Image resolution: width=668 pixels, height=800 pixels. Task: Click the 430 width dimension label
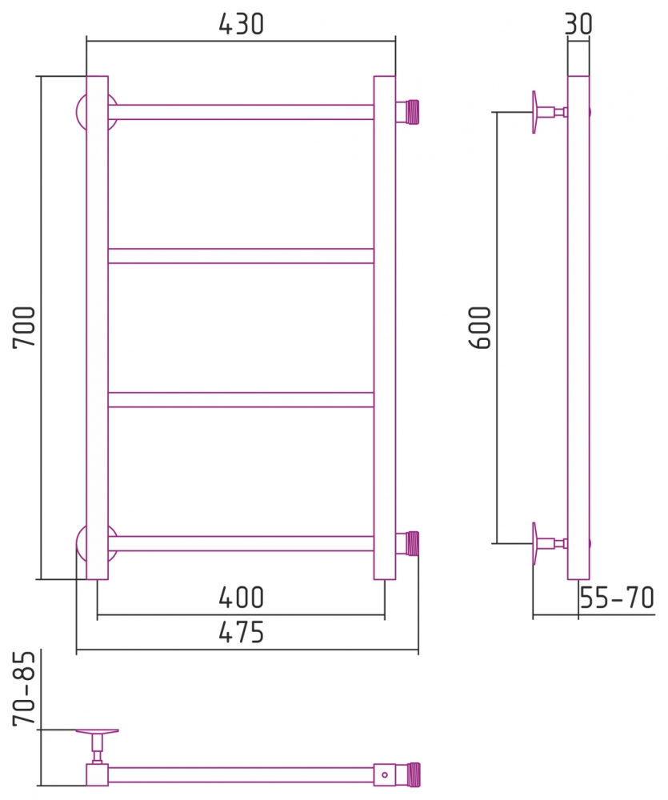point(241,24)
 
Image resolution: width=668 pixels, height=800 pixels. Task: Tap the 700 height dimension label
point(24,327)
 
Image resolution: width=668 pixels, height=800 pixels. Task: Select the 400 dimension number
point(241,598)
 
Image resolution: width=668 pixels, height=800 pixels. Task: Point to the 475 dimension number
point(241,633)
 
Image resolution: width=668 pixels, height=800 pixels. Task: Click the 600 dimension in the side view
point(479,327)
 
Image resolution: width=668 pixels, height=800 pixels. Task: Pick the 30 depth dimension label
point(578,24)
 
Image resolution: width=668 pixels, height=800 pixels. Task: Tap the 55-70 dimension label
point(617,598)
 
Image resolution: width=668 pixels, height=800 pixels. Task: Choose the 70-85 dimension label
point(24,688)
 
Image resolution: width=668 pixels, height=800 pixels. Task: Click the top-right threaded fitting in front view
point(407,112)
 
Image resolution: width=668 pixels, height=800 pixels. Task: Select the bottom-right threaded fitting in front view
point(407,544)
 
